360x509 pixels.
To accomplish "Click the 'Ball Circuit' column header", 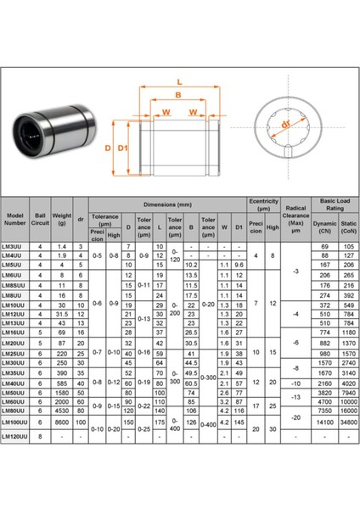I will pos(41,220).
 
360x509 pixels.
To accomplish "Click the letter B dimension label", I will pos(179,95).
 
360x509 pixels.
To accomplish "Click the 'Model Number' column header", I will pos(16,220).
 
